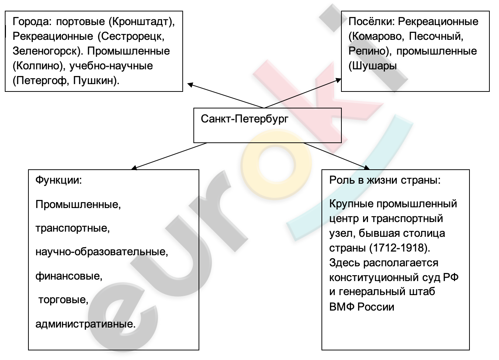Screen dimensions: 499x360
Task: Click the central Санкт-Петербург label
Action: (x=244, y=119)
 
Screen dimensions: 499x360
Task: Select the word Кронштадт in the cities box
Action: (x=140, y=22)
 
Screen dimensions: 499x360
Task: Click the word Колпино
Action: (x=38, y=66)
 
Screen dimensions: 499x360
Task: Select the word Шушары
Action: (x=374, y=66)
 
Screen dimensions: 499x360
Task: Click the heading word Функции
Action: (x=57, y=180)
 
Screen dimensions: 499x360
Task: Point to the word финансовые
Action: (x=68, y=276)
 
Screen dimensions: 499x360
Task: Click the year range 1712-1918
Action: (x=399, y=247)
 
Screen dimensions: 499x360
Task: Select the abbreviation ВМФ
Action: (x=342, y=307)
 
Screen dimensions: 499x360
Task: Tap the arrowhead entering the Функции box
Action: (x=134, y=168)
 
